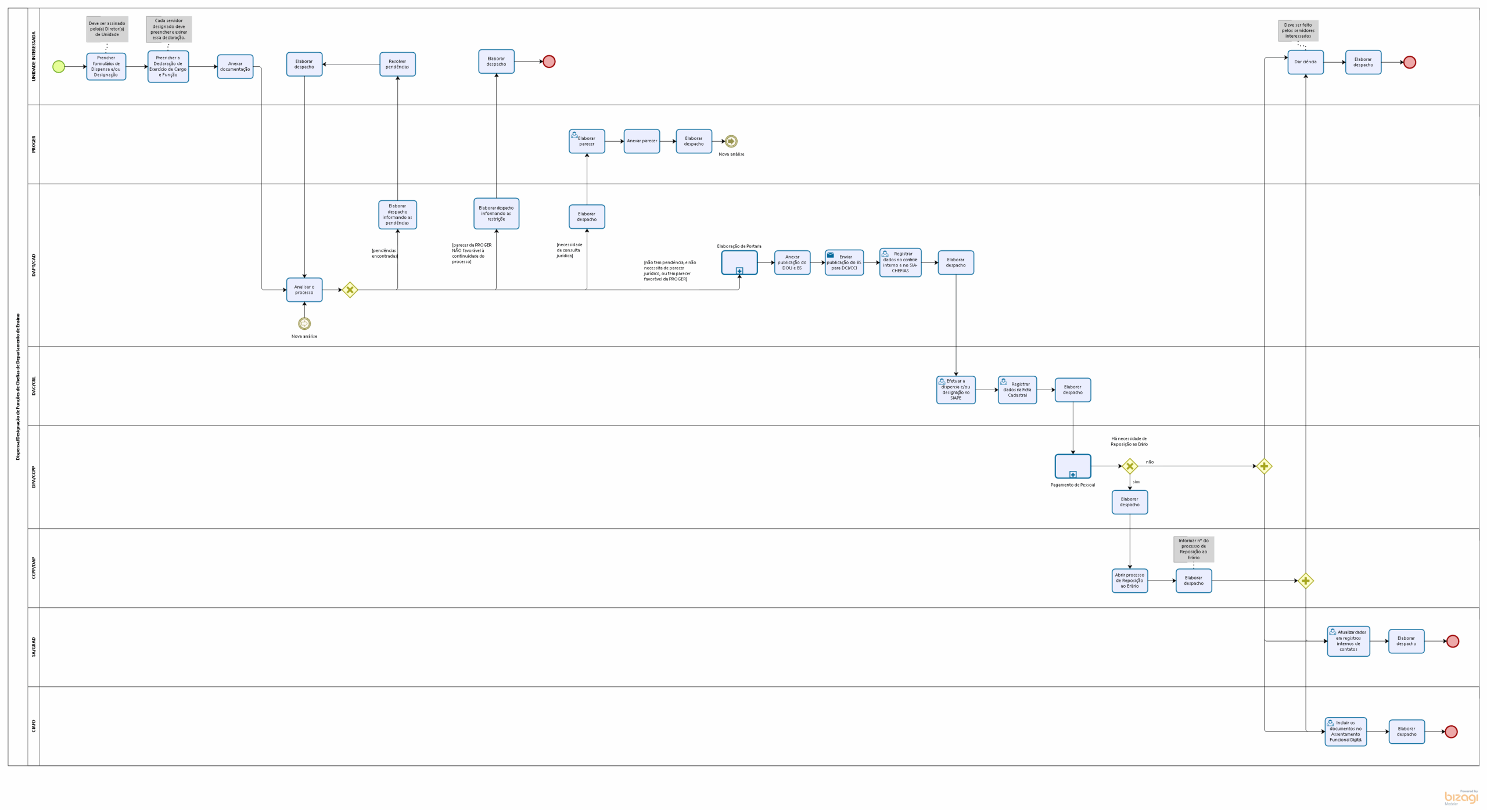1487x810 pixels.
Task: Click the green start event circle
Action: click(59, 67)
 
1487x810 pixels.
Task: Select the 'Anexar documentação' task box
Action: click(235, 67)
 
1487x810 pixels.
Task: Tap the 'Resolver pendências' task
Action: click(397, 64)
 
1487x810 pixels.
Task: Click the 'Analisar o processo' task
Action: click(304, 290)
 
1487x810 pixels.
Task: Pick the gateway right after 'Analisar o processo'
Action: click(350, 290)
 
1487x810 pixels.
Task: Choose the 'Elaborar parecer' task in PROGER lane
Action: click(587, 141)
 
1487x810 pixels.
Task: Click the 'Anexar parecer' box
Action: click(642, 141)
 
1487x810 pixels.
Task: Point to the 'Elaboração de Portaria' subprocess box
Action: click(739, 262)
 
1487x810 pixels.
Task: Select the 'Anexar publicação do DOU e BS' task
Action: click(792, 262)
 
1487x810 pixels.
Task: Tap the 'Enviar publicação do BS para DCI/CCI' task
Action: click(844, 262)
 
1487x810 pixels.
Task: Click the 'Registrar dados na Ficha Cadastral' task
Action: click(1017, 390)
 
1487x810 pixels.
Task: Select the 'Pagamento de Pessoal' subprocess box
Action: click(1073, 466)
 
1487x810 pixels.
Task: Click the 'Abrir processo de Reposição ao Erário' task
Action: click(1130, 581)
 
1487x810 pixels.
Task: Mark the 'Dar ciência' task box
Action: click(1305, 62)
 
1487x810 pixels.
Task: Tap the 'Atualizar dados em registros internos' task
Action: click(1348, 641)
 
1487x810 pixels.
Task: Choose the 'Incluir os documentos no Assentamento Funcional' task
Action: click(1346, 732)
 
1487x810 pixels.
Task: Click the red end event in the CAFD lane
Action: click(1451, 732)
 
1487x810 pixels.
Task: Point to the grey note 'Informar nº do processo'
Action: click(1194, 549)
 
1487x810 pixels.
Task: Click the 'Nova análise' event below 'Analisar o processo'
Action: click(304, 323)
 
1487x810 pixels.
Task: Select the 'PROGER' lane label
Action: click(34, 145)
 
